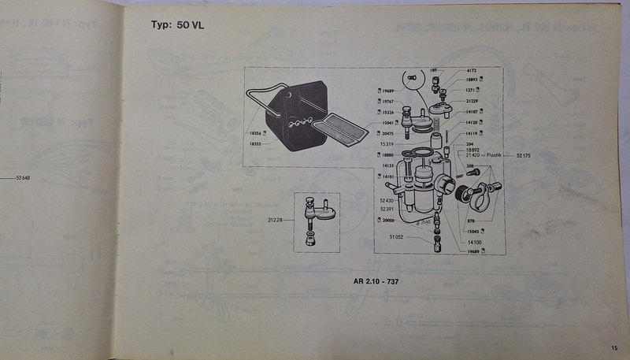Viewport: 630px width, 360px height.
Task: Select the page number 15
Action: pos(613,347)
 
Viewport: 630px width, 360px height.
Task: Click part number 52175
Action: pos(525,156)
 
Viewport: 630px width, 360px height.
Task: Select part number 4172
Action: pos(472,70)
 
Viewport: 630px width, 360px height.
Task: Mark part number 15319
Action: pos(387,145)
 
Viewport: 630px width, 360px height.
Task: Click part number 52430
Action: pos(386,201)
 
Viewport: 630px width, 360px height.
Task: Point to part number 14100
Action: pos(474,240)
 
